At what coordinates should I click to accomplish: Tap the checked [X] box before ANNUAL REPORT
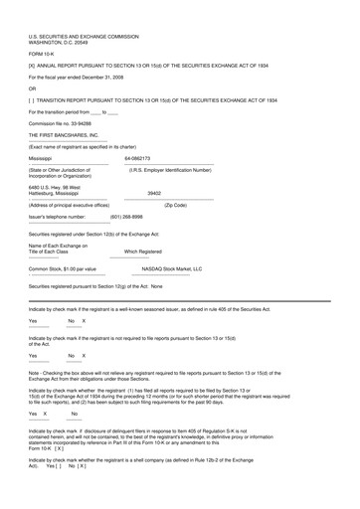(x=33, y=66)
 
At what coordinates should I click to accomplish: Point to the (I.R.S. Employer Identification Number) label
(x=178, y=169)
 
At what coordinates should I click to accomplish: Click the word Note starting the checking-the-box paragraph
(x=35, y=372)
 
